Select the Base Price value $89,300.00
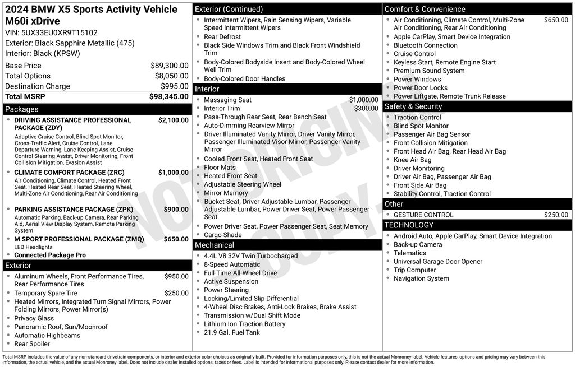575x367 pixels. click(x=169, y=66)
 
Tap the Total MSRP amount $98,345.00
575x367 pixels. click(x=168, y=97)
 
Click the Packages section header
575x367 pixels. click(x=22, y=109)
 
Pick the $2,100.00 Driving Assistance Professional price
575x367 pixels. click(x=173, y=120)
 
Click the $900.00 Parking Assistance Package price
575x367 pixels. click(x=176, y=210)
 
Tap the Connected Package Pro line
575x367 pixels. click(x=50, y=255)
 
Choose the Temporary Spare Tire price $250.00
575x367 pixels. click(x=176, y=293)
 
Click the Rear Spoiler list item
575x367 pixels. click(x=32, y=344)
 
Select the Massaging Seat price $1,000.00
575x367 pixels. click(x=363, y=100)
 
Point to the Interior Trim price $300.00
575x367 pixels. click(x=366, y=109)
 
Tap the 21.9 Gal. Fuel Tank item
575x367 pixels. click(x=232, y=332)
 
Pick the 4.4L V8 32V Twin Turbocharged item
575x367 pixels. click(x=250, y=256)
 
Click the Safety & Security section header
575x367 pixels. click(x=413, y=106)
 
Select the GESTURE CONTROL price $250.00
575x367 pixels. click(x=556, y=215)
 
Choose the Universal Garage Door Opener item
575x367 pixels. click(x=438, y=262)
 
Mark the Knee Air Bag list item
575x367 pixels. click(x=413, y=160)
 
